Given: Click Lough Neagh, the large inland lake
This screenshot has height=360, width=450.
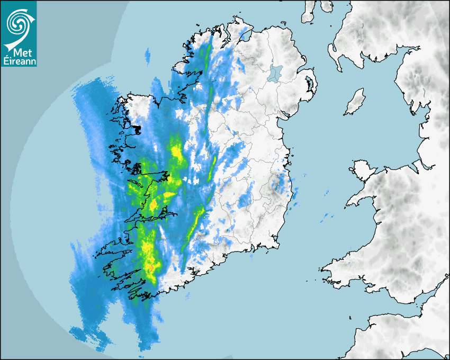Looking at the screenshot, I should pos(275,72).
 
